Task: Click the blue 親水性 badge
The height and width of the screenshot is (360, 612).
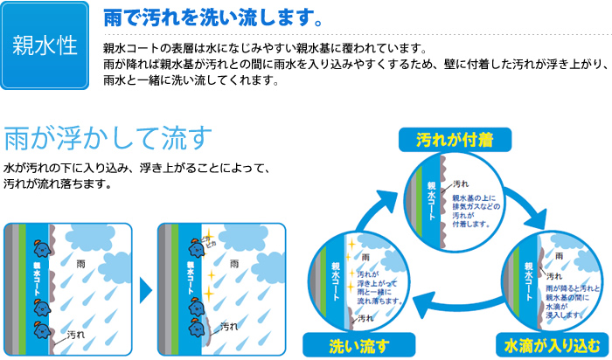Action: (45, 45)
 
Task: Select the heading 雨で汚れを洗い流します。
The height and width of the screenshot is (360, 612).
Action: (206, 17)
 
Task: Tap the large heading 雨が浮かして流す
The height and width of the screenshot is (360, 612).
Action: (109, 139)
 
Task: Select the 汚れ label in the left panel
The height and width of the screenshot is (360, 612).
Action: (78, 334)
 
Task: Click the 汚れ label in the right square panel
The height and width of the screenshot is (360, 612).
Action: (229, 326)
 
